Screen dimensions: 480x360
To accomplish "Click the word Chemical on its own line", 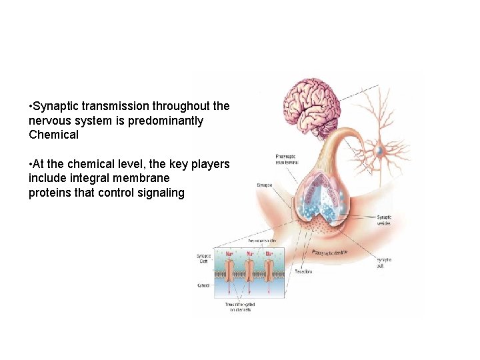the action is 54,135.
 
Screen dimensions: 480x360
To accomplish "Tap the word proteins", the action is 49,193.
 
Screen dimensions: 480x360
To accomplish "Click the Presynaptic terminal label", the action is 287,159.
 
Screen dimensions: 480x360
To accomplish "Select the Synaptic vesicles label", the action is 384,220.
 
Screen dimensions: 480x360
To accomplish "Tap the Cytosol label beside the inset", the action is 203,285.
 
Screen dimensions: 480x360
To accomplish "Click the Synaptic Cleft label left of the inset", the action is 204,259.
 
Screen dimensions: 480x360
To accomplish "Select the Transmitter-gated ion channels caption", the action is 240,307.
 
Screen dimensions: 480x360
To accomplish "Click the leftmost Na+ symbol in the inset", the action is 230,254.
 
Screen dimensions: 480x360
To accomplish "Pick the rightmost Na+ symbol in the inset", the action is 269,254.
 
